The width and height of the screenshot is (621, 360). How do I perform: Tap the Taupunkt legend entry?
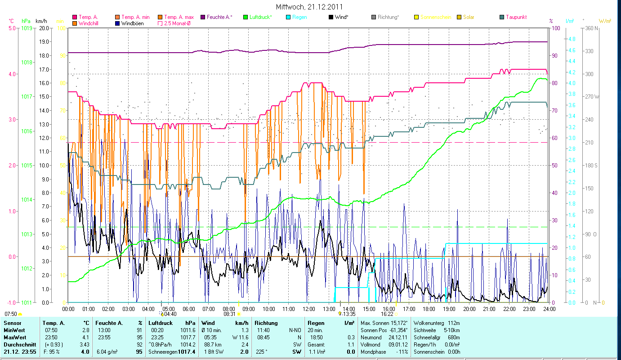pos(516,17)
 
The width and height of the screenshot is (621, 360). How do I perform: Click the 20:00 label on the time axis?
pos(469,309)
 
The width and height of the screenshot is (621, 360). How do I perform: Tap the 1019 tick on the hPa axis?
pos(26,28)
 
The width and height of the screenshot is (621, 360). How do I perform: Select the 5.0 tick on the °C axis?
pos(10,28)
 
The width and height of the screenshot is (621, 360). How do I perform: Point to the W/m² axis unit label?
pos(605,21)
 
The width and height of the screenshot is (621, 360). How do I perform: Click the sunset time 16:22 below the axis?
pos(387,314)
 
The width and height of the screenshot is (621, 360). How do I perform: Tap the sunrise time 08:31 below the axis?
pos(229,314)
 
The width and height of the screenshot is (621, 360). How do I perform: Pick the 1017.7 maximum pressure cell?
pos(191,337)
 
